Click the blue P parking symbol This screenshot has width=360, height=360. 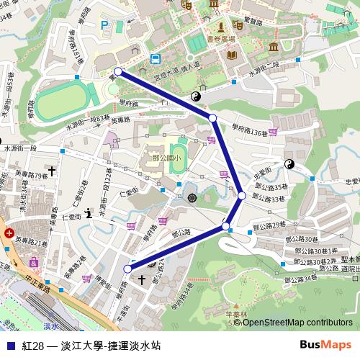(x=105, y=25)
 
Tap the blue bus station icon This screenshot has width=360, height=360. (x=155, y=59)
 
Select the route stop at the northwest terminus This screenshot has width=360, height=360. (x=118, y=71)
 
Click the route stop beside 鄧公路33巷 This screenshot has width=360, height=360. (x=242, y=195)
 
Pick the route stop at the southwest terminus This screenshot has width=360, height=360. (x=128, y=269)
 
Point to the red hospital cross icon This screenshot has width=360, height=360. (x=8, y=234)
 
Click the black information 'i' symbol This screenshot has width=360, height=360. (x=88, y=212)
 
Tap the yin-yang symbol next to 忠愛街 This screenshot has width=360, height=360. (x=289, y=165)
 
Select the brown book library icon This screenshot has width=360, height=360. (x=231, y=55)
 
